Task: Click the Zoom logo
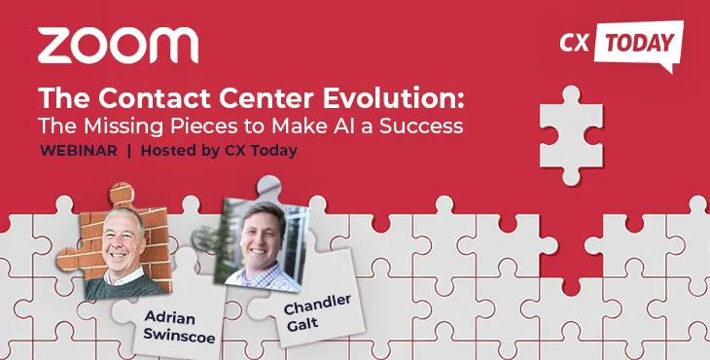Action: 118,46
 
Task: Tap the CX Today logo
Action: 621,45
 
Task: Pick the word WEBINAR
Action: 79,151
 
